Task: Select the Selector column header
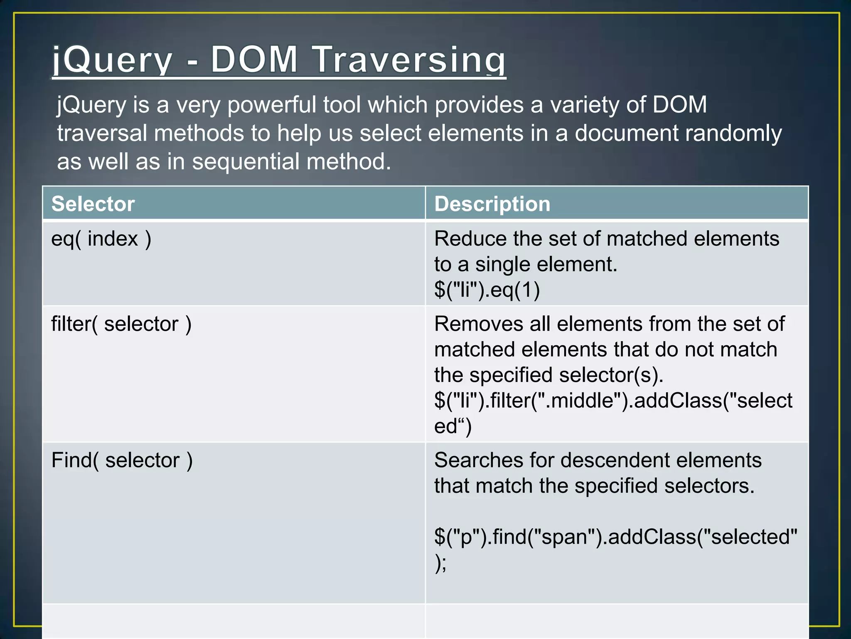[x=93, y=204]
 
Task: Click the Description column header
[x=492, y=204]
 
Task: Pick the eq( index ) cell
[x=101, y=239]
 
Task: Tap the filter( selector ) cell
[x=121, y=324]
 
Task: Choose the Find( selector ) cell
[x=122, y=461]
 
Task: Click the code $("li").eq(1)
[x=487, y=290]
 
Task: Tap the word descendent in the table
[x=616, y=461]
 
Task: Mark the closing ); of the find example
[x=440, y=563]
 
